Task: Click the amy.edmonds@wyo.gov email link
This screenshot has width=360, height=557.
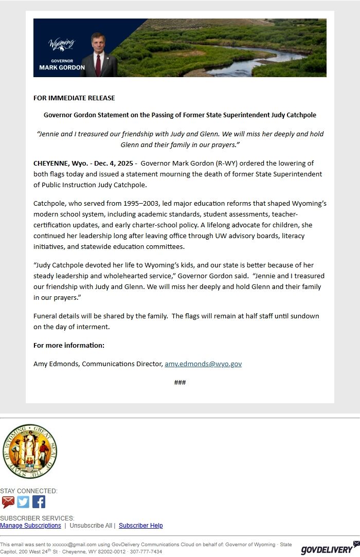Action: [203, 364]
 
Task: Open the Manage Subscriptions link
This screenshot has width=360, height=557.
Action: [30, 526]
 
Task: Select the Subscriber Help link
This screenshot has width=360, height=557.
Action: [140, 526]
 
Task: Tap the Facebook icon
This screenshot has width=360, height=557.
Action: [39, 502]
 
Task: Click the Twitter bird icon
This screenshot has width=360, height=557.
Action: [23, 502]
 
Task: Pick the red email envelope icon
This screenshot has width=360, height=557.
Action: [8, 502]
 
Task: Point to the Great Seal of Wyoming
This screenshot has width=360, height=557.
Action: [29, 451]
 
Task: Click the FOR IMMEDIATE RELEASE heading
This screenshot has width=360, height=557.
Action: [74, 98]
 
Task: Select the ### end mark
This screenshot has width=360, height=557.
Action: [180, 383]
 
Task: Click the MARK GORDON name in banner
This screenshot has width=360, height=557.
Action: [62, 67]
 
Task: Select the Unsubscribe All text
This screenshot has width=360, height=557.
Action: [91, 526]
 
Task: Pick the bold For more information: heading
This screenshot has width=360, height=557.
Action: [69, 345]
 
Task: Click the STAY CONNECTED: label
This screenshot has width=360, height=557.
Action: [29, 491]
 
